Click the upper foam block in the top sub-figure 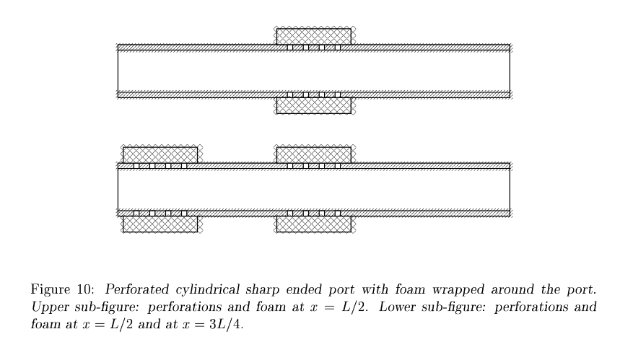(314, 36)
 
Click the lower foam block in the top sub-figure (314, 106)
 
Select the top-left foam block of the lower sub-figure (160, 154)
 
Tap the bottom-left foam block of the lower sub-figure (160, 224)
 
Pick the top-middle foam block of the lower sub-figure (314, 154)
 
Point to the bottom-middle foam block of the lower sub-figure (314, 224)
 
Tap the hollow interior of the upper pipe (314, 71)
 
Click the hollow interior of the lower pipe (314, 189)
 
